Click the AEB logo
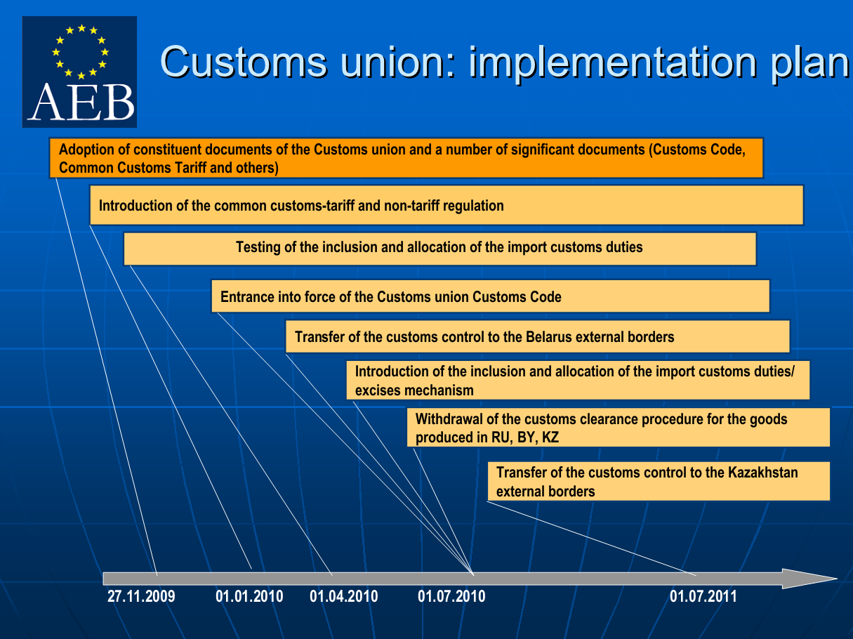point(79,72)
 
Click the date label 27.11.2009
point(141,596)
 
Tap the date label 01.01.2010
point(249,596)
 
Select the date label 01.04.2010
point(344,596)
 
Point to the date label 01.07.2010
point(451,596)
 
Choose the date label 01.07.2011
point(703,596)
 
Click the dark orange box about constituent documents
point(406,158)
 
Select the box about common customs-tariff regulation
point(447,205)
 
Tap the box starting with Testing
point(440,249)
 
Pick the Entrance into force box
point(491,296)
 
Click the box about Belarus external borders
point(538,336)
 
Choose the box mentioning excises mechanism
point(578,380)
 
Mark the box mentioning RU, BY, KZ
point(619,428)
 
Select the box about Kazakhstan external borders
point(659,481)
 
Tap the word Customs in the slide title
point(244,62)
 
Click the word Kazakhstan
point(763,473)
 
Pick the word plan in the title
point(810,64)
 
